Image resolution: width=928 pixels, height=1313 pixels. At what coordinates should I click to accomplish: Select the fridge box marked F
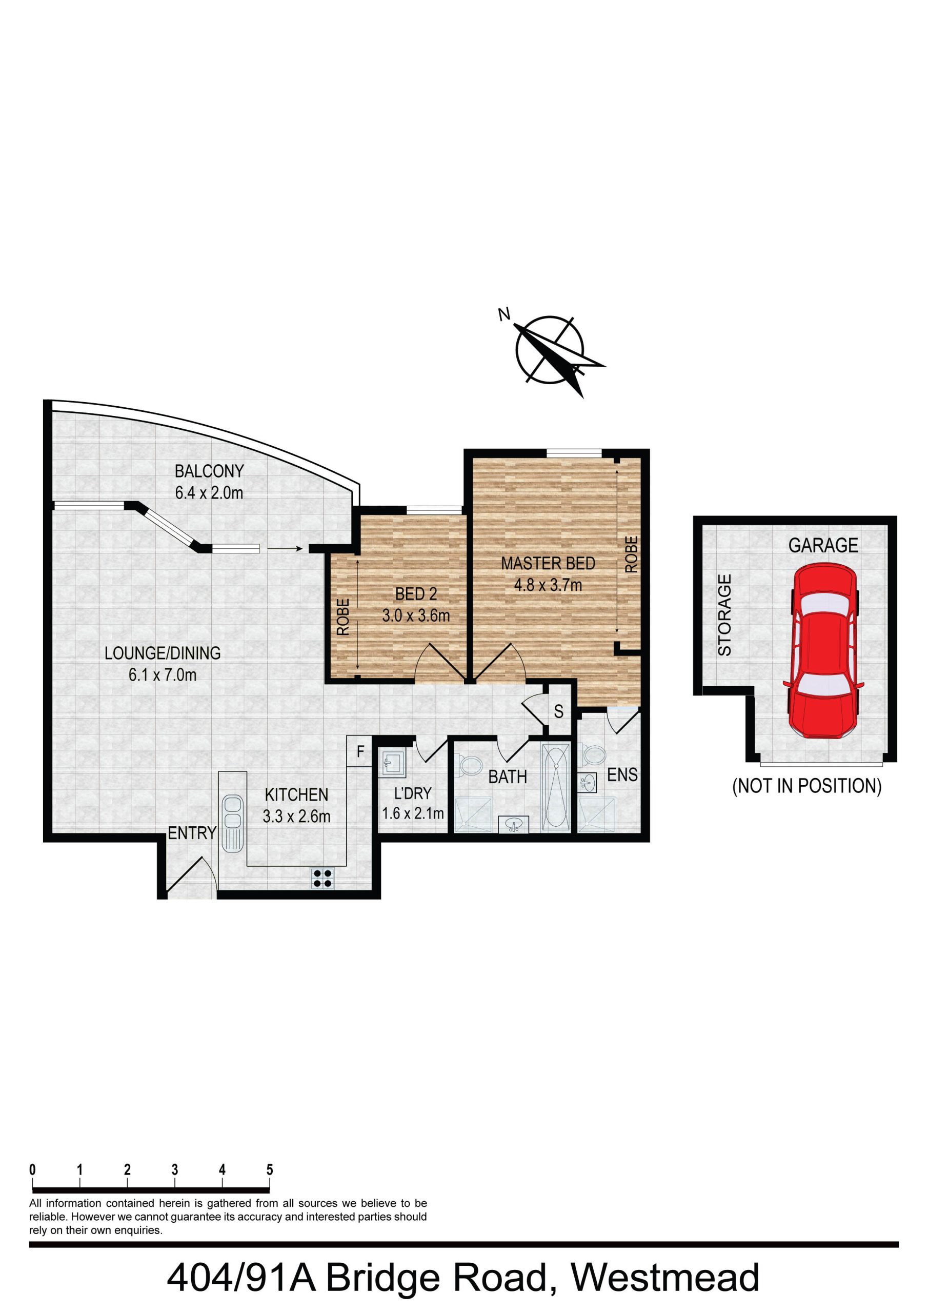(359, 751)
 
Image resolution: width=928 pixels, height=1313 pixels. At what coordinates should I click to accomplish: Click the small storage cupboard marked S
(559, 711)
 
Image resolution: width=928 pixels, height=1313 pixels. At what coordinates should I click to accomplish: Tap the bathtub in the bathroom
(555, 786)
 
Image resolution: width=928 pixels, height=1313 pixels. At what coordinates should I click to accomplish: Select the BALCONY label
(209, 471)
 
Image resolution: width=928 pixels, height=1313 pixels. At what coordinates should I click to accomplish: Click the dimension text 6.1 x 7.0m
(163, 675)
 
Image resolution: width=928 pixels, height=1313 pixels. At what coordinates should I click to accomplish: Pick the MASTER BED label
(548, 563)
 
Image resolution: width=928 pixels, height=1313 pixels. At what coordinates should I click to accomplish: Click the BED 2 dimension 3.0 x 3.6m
(416, 616)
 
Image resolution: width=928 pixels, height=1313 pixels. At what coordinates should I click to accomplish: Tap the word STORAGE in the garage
(724, 615)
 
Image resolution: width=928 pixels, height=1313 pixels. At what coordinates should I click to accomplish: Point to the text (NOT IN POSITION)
(807, 786)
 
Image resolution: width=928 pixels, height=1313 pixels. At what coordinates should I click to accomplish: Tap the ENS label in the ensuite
(622, 775)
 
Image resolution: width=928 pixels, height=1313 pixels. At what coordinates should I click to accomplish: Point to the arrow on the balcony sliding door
(285, 549)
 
